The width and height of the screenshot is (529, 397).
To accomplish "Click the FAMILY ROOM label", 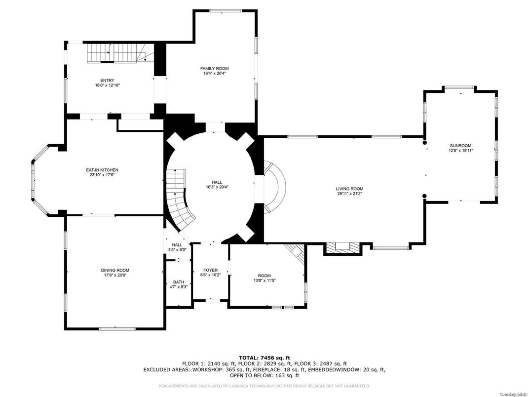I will pyautogui.click(x=214, y=69).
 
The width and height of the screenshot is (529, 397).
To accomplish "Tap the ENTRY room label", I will pyautogui.click(x=107, y=80).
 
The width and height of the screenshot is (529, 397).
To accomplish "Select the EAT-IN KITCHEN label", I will pyautogui.click(x=102, y=170).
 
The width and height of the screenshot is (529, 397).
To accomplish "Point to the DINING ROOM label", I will pyautogui.click(x=115, y=270).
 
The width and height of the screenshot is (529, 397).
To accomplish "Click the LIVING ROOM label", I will pyautogui.click(x=349, y=189).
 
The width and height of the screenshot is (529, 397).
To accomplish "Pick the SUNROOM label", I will pyautogui.click(x=460, y=146).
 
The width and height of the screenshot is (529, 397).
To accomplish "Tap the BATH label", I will pyautogui.click(x=178, y=282).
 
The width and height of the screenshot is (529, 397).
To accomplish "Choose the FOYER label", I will pyautogui.click(x=210, y=270).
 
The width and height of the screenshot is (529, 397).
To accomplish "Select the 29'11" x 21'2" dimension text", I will pyautogui.click(x=349, y=194).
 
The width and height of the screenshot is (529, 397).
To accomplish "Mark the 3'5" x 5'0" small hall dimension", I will pyautogui.click(x=177, y=250).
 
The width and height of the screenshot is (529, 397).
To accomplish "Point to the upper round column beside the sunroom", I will pyautogui.click(x=424, y=143).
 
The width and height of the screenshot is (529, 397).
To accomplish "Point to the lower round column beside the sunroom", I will pyautogui.click(x=424, y=196).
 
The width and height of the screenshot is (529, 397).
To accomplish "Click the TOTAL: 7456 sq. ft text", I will pyautogui.click(x=264, y=357).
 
